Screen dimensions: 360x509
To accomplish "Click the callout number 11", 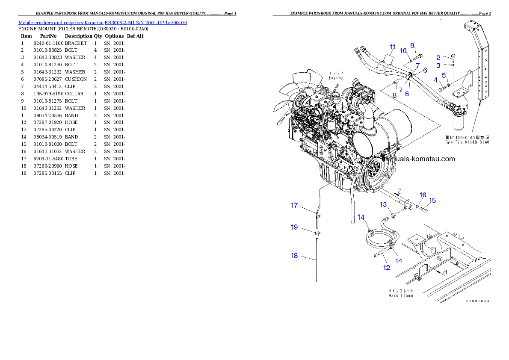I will click(x=393, y=47).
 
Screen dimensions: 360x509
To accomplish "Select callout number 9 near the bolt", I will click(x=412, y=45).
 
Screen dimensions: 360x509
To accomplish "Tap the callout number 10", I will click(x=403, y=50).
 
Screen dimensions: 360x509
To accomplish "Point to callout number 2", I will click(x=438, y=57).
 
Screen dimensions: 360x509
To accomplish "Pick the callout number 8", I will click(x=394, y=96).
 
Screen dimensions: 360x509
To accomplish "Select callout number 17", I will click(x=294, y=206).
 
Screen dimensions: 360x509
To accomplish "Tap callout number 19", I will click(x=294, y=227).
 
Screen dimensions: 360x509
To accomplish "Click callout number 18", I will click(x=294, y=256).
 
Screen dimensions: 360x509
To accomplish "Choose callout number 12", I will click(x=387, y=268).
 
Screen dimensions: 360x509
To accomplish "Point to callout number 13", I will click(x=384, y=205).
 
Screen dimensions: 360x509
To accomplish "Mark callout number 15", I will click(x=432, y=200).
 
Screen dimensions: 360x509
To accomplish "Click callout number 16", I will click(x=423, y=195).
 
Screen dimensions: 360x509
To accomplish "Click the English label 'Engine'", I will click(x=335, y=78).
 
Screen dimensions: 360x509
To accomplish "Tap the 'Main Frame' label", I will click(x=401, y=295).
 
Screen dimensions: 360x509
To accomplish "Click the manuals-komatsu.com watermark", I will click(x=418, y=159).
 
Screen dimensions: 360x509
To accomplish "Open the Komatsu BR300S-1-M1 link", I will click(x=103, y=22).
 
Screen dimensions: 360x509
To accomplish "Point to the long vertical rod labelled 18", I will click(x=317, y=261).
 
